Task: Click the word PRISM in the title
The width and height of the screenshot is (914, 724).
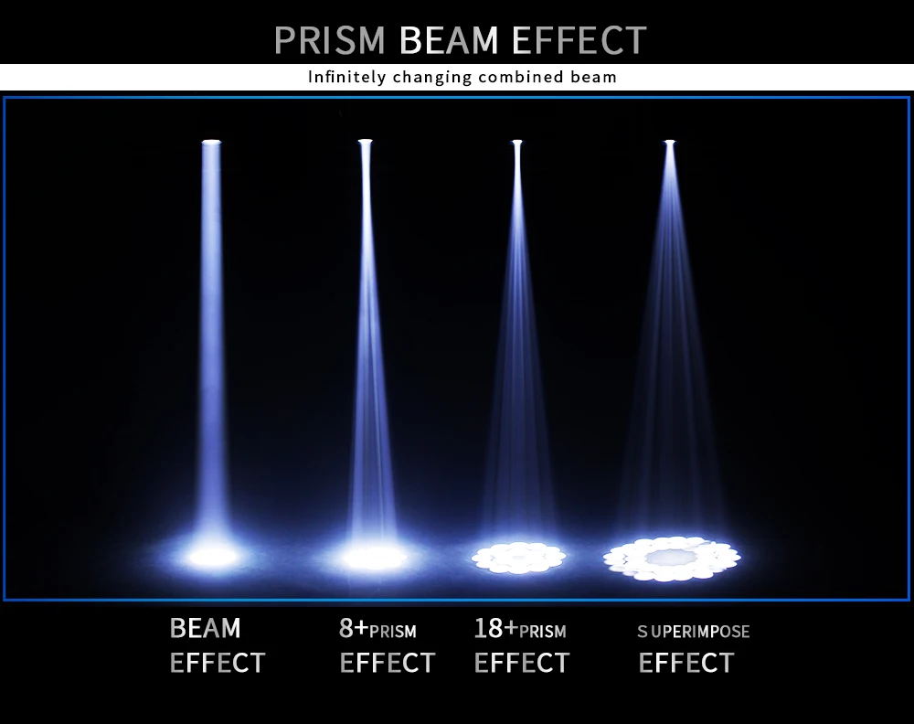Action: [x=329, y=40]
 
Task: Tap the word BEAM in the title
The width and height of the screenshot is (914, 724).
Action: [x=449, y=40]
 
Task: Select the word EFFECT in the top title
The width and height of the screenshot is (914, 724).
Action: [x=579, y=40]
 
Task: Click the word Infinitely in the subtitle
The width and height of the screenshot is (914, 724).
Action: [x=346, y=78]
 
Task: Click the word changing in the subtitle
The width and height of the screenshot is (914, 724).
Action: [x=432, y=78]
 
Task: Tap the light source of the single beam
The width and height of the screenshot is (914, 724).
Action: [x=211, y=142]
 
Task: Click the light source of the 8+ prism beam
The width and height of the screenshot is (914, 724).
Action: [x=365, y=141]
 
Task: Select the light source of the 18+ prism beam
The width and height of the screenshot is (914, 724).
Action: [x=517, y=142]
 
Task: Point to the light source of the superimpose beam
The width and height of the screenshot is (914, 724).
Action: [x=670, y=142]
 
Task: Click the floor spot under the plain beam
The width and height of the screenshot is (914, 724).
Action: [x=213, y=557]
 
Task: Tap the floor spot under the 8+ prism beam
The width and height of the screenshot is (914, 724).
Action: [x=374, y=558]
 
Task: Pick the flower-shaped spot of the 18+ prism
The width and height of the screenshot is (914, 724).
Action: [x=519, y=558]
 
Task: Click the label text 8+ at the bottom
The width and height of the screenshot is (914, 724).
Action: [x=354, y=628]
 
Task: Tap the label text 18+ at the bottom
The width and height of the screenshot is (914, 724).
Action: [x=496, y=628]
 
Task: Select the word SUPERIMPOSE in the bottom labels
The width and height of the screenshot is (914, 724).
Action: [x=694, y=632]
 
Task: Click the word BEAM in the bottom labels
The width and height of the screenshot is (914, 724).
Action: [x=205, y=628]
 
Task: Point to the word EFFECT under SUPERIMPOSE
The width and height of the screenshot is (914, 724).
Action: [x=686, y=663]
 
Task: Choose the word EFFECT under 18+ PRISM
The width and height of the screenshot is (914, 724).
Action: [x=522, y=663]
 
